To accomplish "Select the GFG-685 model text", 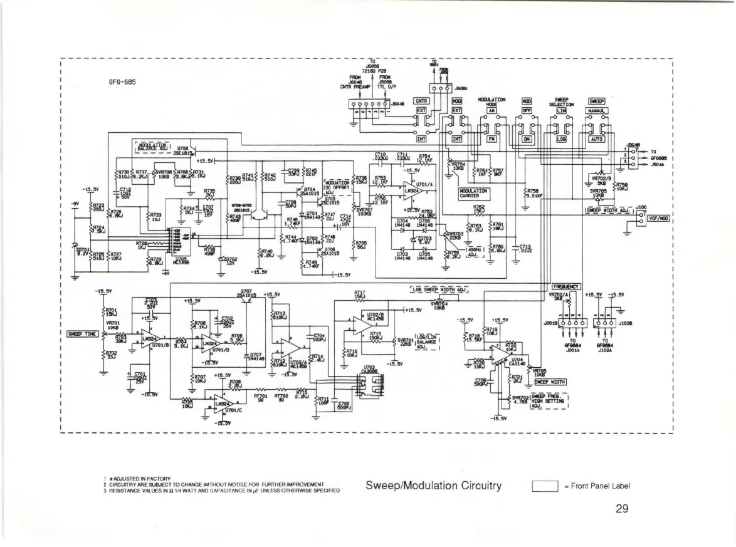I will tap(122, 81).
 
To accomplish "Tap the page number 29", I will tap(621, 508).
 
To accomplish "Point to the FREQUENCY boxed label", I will tap(566, 286).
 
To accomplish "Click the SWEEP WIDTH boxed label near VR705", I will tap(550, 380).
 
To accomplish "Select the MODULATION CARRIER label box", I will tap(474, 193).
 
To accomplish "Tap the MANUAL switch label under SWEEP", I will tap(594, 110).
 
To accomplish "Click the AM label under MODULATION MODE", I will tap(492, 110).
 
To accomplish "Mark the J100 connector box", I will tap(641, 217).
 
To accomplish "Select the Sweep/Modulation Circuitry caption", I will tap(433, 486).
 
